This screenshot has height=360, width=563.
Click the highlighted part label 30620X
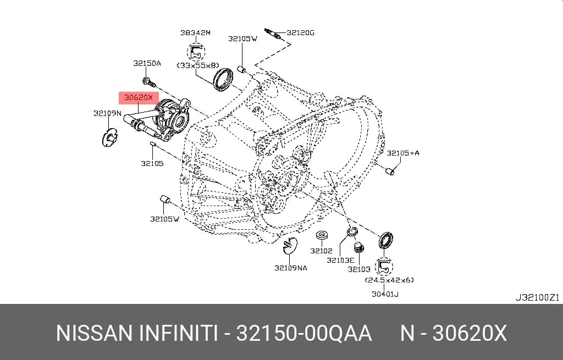139,97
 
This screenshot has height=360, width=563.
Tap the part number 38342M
195,32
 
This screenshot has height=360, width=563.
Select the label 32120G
301,32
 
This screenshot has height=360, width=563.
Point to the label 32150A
147,64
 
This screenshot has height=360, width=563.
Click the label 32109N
107,113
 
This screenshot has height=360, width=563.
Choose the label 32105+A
403,153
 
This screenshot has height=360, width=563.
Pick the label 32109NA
291,268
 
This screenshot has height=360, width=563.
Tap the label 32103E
340,260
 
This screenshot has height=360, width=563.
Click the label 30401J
385,294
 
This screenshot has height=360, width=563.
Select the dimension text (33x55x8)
198,66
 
